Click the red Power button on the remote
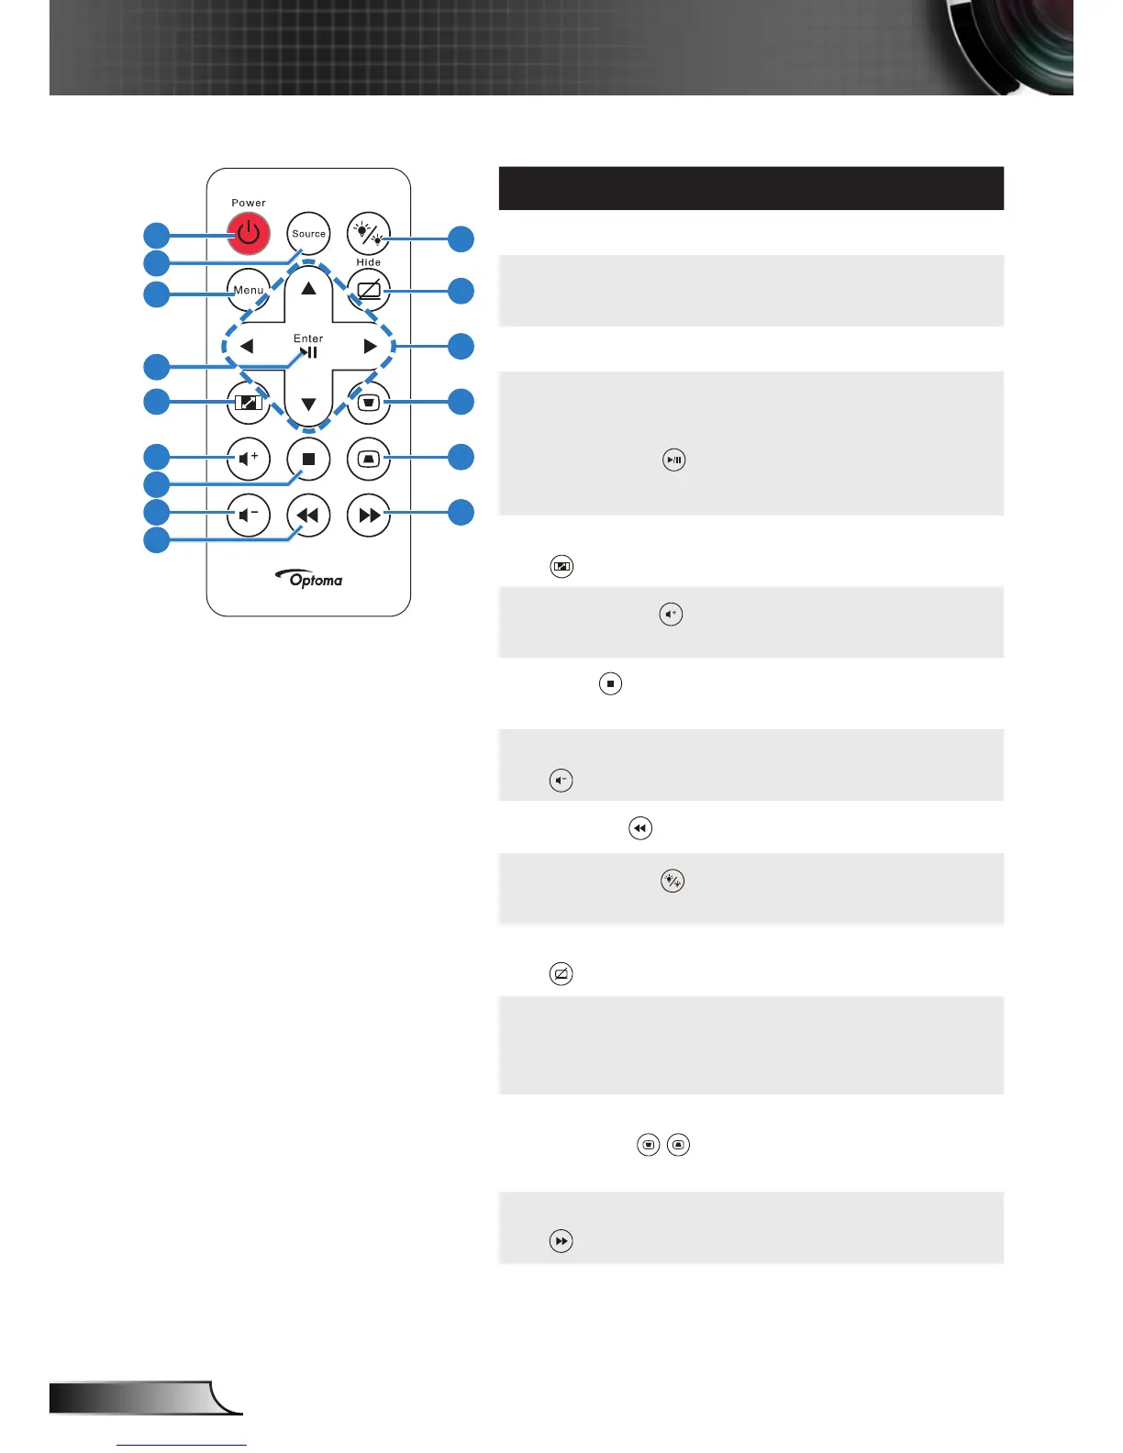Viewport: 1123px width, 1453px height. [249, 234]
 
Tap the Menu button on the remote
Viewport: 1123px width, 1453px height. [248, 290]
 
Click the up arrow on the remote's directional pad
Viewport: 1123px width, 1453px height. [308, 288]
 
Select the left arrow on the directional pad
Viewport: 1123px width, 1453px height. [246, 347]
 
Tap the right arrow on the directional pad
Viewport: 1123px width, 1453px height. [370, 347]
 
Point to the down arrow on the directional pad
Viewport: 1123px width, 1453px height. [308, 405]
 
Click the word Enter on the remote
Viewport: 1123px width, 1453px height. [308, 338]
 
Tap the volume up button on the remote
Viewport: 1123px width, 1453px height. [248, 458]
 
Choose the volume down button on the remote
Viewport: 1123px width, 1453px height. [248, 515]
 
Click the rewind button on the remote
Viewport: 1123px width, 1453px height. [308, 515]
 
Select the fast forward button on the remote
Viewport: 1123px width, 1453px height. [369, 515]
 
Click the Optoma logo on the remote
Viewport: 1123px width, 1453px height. [310, 579]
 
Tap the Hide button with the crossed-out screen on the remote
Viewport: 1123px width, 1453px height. [369, 291]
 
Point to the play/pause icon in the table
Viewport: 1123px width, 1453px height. [674, 460]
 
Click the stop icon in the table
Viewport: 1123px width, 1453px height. [610, 683]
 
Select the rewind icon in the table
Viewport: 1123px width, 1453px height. [639, 828]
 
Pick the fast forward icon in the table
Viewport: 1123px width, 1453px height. [561, 1241]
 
